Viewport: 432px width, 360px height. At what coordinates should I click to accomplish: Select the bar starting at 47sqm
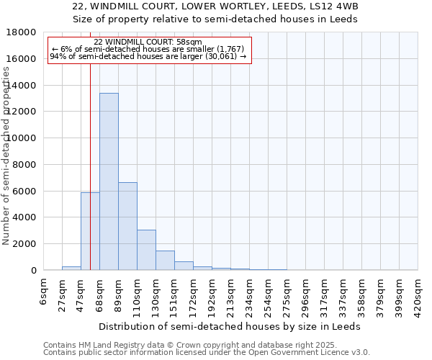90,231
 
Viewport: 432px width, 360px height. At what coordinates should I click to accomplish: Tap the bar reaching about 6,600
127,226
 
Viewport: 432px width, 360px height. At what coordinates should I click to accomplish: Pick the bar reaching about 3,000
146,250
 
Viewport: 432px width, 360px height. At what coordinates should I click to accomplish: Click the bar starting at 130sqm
165,261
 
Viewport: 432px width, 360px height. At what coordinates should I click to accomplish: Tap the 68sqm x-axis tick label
99,292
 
